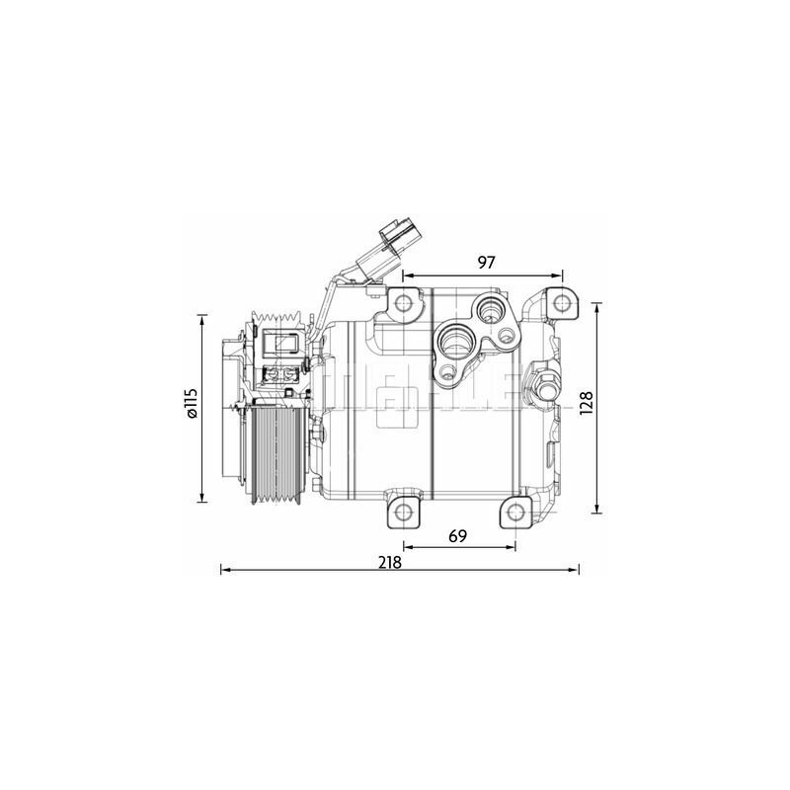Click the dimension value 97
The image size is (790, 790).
[x=485, y=263]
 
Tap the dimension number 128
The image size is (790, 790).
[x=586, y=404]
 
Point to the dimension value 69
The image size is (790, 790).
[x=457, y=536]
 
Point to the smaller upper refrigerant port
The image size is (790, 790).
[x=491, y=311]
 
